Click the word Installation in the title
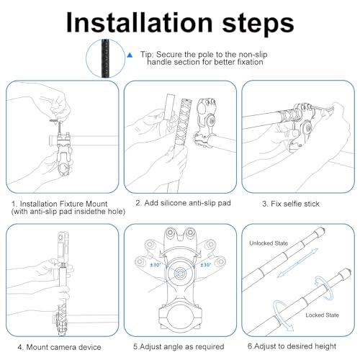[140, 22]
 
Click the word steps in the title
[258, 24]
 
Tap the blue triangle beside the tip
[130, 55]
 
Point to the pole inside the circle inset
[105, 58]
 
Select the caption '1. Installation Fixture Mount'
[60, 204]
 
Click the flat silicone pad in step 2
[169, 107]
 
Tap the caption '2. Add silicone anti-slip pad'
[183, 203]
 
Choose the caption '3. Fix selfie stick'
[291, 204]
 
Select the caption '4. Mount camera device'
[59, 347]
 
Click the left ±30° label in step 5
[156, 265]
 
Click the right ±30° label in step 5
[205, 265]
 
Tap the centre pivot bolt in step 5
[180, 273]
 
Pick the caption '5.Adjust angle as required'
[179, 347]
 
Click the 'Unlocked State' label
[269, 243]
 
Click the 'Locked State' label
[322, 315]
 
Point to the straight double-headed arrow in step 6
[297, 264]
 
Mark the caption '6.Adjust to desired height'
[292, 346]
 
